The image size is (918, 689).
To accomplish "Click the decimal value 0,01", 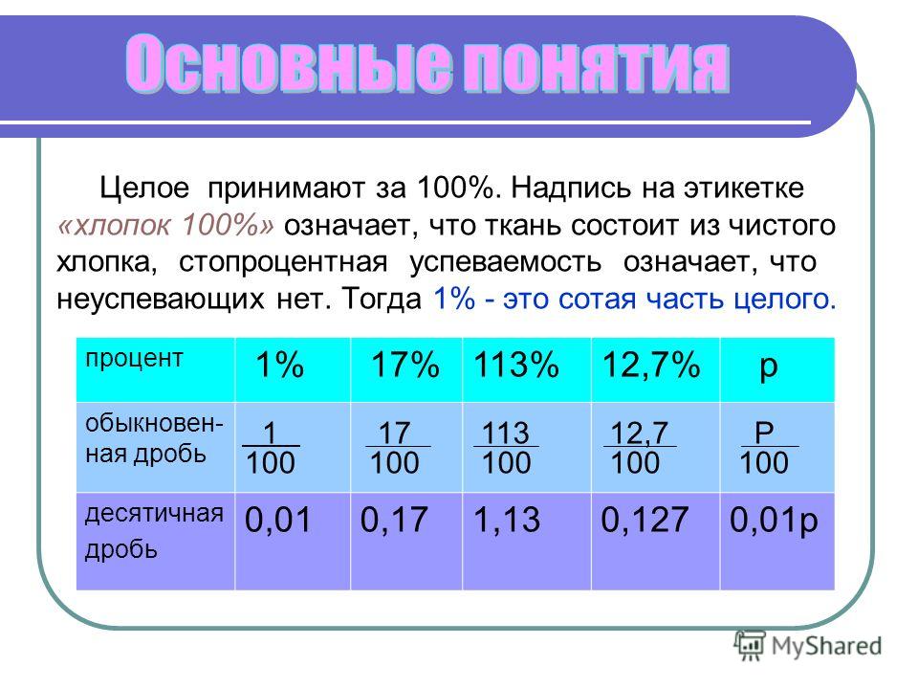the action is click(277, 520).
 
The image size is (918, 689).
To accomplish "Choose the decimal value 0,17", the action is click(394, 520).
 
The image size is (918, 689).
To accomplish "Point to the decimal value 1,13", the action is click(507, 520).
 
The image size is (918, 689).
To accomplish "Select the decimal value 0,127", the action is click(645, 520).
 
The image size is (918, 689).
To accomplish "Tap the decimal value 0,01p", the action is click(774, 522).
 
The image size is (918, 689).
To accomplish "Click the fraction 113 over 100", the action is click(506, 448).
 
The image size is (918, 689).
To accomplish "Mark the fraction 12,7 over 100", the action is click(640, 448).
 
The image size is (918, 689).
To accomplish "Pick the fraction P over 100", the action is click(768, 448).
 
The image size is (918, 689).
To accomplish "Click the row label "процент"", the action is click(134, 359).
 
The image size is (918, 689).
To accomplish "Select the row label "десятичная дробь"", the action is click(154, 531).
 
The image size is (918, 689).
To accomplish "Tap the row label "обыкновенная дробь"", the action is click(154, 438).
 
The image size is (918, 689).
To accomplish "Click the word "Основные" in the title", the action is click(289, 63).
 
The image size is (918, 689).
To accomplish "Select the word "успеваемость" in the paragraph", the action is click(505, 263).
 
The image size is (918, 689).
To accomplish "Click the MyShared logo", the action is click(808, 646).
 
